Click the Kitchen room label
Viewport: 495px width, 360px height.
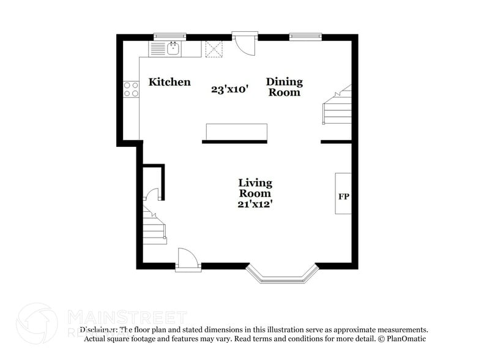click(169, 82)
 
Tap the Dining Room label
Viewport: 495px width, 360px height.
click(284, 87)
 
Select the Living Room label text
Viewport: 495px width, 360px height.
click(255, 187)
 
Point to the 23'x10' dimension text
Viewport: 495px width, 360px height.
click(229, 89)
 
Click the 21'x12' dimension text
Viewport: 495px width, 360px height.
click(255, 204)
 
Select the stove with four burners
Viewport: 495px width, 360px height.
click(131, 89)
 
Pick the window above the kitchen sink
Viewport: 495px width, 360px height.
click(169, 36)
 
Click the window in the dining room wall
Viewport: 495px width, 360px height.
click(305, 36)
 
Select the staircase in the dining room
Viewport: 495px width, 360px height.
click(338, 107)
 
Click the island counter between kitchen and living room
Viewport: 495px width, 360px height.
click(236, 132)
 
